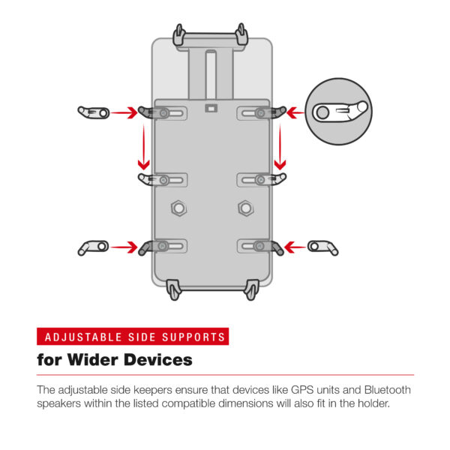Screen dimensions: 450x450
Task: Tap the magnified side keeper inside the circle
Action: pos(341,112)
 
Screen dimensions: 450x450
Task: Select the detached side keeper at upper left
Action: pos(93,112)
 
